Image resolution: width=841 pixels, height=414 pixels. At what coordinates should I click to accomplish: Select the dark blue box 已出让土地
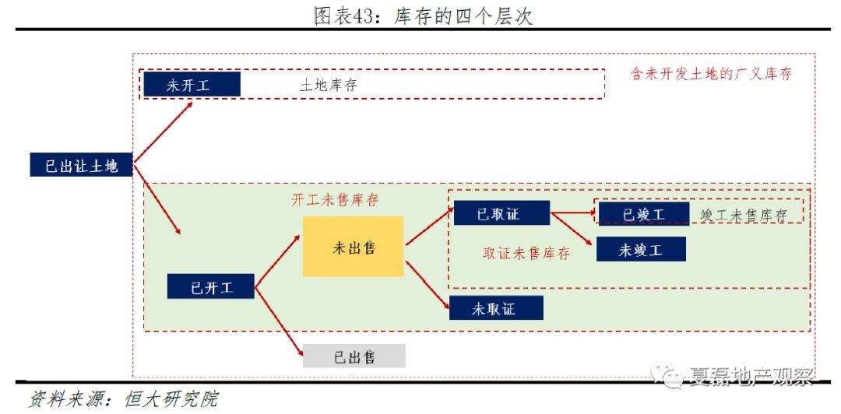(x=81, y=165)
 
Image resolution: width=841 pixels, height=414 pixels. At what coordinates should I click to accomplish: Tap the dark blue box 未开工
(x=190, y=85)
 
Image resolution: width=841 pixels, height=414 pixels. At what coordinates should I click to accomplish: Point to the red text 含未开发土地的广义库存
(x=711, y=74)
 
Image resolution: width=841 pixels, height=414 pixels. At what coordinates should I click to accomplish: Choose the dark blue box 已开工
(x=212, y=287)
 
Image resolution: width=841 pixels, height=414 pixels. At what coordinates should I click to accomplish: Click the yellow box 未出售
(x=354, y=247)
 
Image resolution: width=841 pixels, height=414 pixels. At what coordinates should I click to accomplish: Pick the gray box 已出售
(x=354, y=356)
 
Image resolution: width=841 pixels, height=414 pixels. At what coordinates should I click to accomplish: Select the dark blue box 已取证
(x=501, y=212)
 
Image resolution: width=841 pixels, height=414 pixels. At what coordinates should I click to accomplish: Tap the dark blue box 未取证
(x=495, y=308)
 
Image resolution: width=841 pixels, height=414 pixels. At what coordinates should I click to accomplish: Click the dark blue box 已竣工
(x=643, y=213)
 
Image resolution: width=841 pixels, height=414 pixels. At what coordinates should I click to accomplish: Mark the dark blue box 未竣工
(x=641, y=250)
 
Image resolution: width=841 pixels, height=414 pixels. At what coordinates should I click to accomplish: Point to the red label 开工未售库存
(x=335, y=199)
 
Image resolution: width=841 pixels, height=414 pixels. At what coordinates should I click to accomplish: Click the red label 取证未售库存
(x=526, y=254)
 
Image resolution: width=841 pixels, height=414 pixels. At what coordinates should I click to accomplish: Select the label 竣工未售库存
(x=743, y=216)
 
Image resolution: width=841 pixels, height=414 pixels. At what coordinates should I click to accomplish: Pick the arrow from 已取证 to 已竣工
(x=572, y=211)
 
